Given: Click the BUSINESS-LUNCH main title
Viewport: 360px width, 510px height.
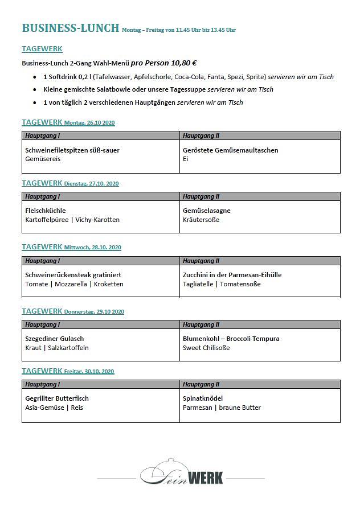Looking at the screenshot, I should coord(70,28).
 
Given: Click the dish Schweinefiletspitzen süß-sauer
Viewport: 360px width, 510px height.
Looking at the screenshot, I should coord(72,150).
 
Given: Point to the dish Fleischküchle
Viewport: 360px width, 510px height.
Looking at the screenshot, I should coord(46,211).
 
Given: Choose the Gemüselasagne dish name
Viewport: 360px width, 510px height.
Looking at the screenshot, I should coord(207,211).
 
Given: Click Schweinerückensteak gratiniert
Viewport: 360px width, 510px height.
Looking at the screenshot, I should coord(73,275).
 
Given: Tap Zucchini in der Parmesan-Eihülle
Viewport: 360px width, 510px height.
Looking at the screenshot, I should coord(232,275).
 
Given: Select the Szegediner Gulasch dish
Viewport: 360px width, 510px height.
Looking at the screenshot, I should coord(55,339).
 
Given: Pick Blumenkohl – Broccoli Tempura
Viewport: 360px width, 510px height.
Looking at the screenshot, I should coord(231,339).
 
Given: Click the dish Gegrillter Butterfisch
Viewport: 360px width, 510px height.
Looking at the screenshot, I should coord(57,398).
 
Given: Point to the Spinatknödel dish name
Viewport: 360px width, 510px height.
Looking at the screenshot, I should coord(203,398).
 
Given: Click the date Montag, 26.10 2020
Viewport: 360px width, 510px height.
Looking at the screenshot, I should coord(89,123).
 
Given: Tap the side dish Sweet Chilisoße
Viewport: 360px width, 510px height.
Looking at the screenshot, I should coord(206,348).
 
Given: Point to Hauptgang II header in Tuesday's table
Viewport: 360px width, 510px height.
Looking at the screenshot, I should coord(201,196).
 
